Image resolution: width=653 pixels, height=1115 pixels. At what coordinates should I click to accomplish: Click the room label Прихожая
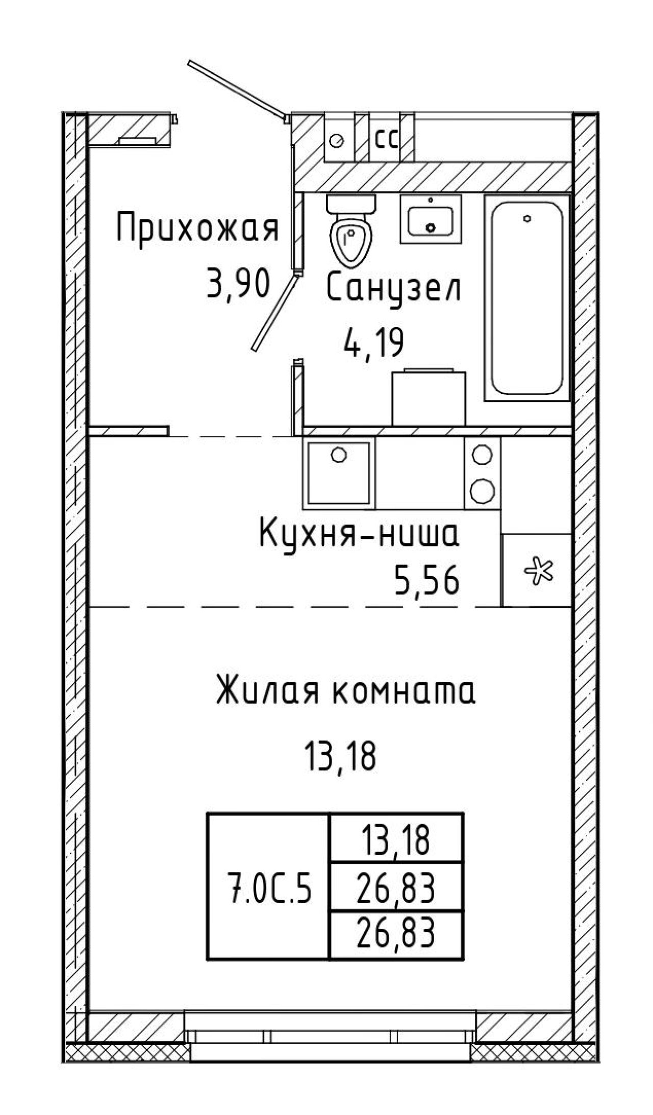198,230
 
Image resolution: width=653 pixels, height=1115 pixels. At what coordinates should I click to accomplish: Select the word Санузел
393,289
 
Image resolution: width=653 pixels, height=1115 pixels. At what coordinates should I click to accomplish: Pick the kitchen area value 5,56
426,581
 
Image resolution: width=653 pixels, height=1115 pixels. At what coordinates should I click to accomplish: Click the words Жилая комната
345,692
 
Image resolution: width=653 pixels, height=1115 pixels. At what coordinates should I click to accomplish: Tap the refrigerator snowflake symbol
537,569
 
